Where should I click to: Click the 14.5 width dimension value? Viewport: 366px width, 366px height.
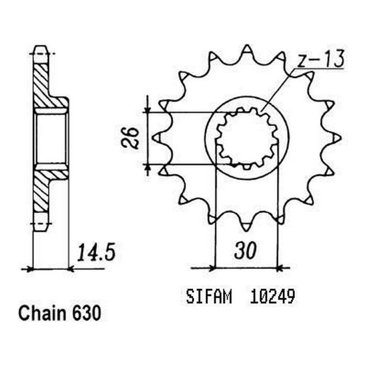pos(96,252)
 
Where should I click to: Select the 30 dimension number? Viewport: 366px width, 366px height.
pos(245,251)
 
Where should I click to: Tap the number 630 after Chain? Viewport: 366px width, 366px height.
pos(86,313)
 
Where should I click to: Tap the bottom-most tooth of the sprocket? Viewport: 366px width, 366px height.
pos(247,225)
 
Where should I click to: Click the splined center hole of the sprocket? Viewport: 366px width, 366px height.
pos(247,138)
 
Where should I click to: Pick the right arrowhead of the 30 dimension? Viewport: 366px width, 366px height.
pos(280,267)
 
